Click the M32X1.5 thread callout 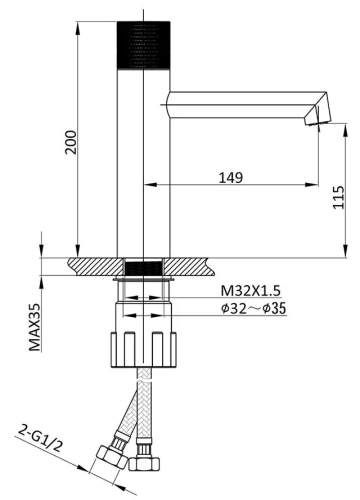pos(252,291)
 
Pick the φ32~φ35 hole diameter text pos(254,309)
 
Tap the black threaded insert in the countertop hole pos(146,267)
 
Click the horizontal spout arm pos(240,99)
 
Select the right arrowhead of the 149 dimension pos(317,185)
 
